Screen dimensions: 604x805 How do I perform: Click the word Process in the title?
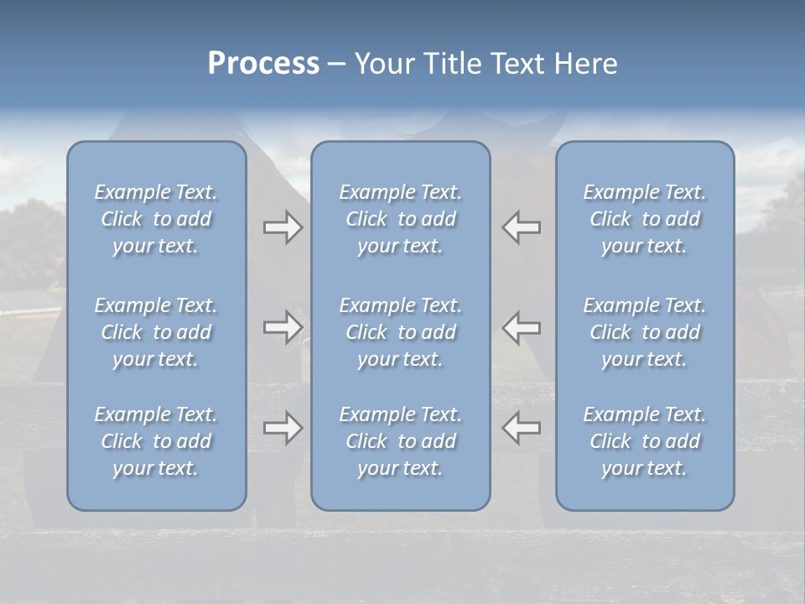263,64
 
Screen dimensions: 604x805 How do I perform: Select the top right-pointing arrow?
283,227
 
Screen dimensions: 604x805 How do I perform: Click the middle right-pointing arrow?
283,327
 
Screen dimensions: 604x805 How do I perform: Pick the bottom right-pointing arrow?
283,428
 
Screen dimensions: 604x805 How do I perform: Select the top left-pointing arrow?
521,227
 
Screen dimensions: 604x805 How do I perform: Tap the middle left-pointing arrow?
521,327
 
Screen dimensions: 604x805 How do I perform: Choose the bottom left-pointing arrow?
521,428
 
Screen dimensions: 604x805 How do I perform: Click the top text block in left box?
156,219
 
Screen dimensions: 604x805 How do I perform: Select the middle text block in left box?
156,332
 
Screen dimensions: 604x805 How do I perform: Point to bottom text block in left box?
156,441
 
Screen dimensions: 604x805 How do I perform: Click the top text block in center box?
400,219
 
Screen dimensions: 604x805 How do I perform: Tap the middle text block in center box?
400,332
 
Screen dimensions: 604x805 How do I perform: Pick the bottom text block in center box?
400,441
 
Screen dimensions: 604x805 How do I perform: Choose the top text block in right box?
645,219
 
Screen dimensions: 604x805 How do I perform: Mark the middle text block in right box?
645,332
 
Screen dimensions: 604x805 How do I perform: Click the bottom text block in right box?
645,441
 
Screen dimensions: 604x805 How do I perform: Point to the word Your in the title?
383,64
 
